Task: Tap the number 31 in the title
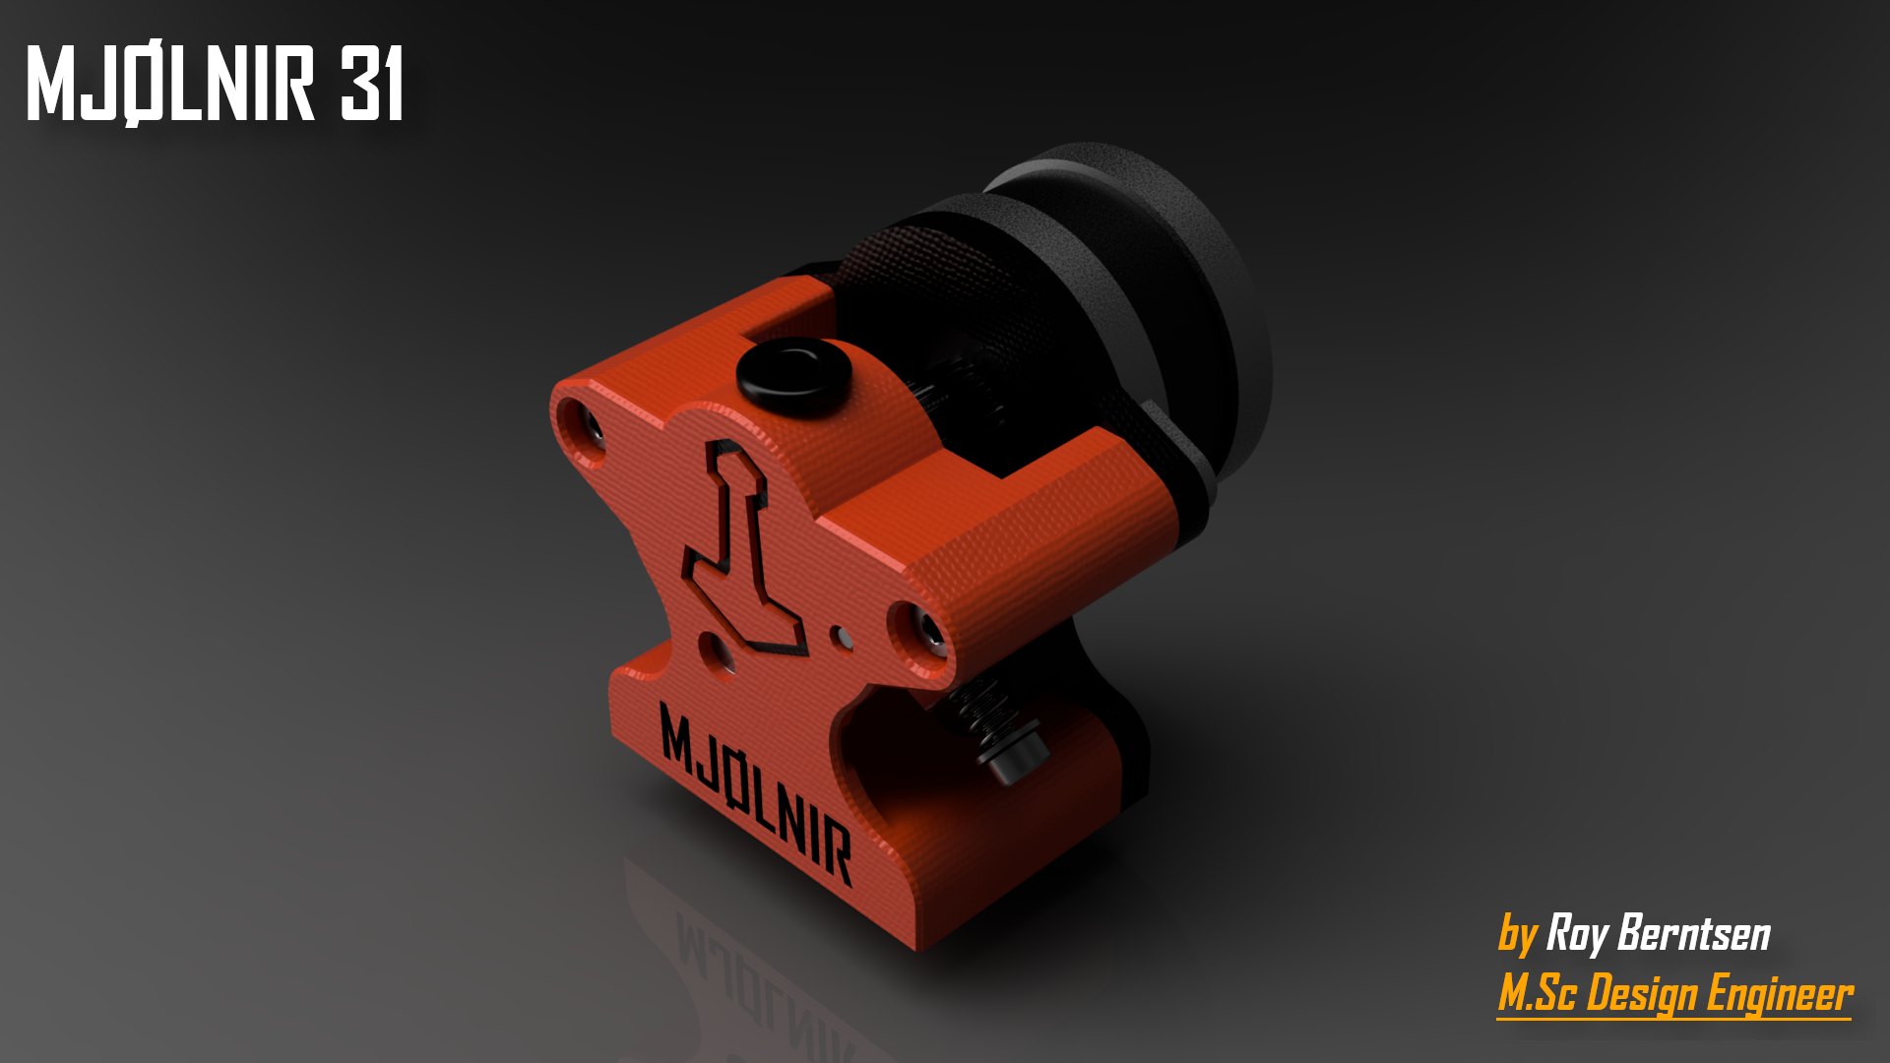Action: coord(372,85)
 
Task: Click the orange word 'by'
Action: coord(1517,935)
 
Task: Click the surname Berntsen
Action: coord(1693,933)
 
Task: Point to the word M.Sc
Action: coord(1537,992)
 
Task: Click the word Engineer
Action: coord(1779,994)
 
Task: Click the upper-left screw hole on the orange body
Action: coord(584,427)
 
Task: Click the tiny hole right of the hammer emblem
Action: coord(841,636)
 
